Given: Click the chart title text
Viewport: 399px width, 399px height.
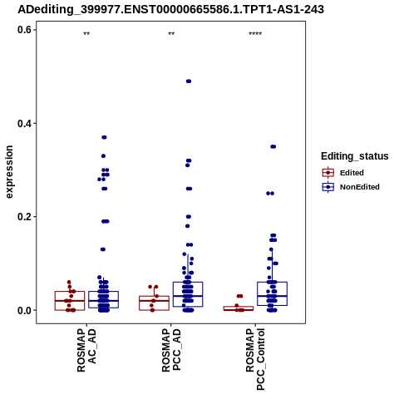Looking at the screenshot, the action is tap(170, 9).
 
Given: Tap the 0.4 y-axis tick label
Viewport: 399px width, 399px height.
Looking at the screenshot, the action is tap(24, 123).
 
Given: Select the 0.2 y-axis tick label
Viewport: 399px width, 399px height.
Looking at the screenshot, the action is tap(24, 217).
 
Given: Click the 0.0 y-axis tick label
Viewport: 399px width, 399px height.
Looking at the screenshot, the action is tap(24, 310).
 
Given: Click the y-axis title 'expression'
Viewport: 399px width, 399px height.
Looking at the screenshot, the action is tap(9, 172).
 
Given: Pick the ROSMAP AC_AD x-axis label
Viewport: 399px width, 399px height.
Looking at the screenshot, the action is tap(86, 350).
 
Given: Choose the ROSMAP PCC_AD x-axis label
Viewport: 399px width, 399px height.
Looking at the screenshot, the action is tap(171, 350).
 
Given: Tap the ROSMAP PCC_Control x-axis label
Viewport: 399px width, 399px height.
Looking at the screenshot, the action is tap(255, 359).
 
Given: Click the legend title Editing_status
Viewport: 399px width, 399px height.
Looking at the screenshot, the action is tap(355, 156).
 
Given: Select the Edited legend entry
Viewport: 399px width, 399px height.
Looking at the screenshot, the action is tap(343, 173).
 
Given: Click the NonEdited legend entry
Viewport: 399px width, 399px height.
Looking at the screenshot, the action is tap(351, 187).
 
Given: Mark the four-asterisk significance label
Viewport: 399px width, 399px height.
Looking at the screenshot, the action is tap(255, 34).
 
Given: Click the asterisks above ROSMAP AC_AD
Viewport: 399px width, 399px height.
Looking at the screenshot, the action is tap(86, 34).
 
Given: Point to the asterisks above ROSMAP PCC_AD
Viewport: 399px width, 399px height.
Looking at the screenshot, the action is tap(171, 34).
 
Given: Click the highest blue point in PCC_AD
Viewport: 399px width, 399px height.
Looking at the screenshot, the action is tap(189, 81).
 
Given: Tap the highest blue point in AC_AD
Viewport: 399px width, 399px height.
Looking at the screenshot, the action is tap(104, 137).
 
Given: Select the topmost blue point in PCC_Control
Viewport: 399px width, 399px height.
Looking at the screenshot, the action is tap(273, 146).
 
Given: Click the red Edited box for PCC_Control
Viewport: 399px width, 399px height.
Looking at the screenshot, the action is tap(239, 308).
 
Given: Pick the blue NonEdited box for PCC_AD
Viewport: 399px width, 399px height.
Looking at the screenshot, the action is tap(188, 294).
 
